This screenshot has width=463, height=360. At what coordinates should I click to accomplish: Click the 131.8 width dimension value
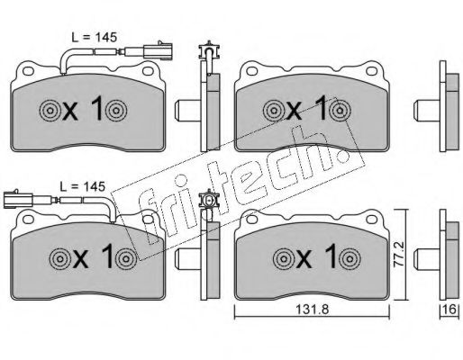[313, 310]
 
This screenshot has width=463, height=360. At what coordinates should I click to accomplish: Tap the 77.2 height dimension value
[399, 255]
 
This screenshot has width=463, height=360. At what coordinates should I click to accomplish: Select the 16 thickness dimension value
[450, 309]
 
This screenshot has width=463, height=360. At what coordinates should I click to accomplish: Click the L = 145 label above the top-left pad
[94, 37]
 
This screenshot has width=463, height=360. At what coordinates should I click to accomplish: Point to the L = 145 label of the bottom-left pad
[83, 186]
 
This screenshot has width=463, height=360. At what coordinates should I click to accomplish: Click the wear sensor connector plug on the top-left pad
[158, 50]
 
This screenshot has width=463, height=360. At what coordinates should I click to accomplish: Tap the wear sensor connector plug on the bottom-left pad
[18, 199]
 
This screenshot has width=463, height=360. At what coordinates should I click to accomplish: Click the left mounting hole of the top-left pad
[28, 71]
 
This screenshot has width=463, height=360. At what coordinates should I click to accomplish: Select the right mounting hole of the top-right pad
[371, 71]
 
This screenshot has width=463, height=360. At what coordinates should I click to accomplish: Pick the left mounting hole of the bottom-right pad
[251, 220]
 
